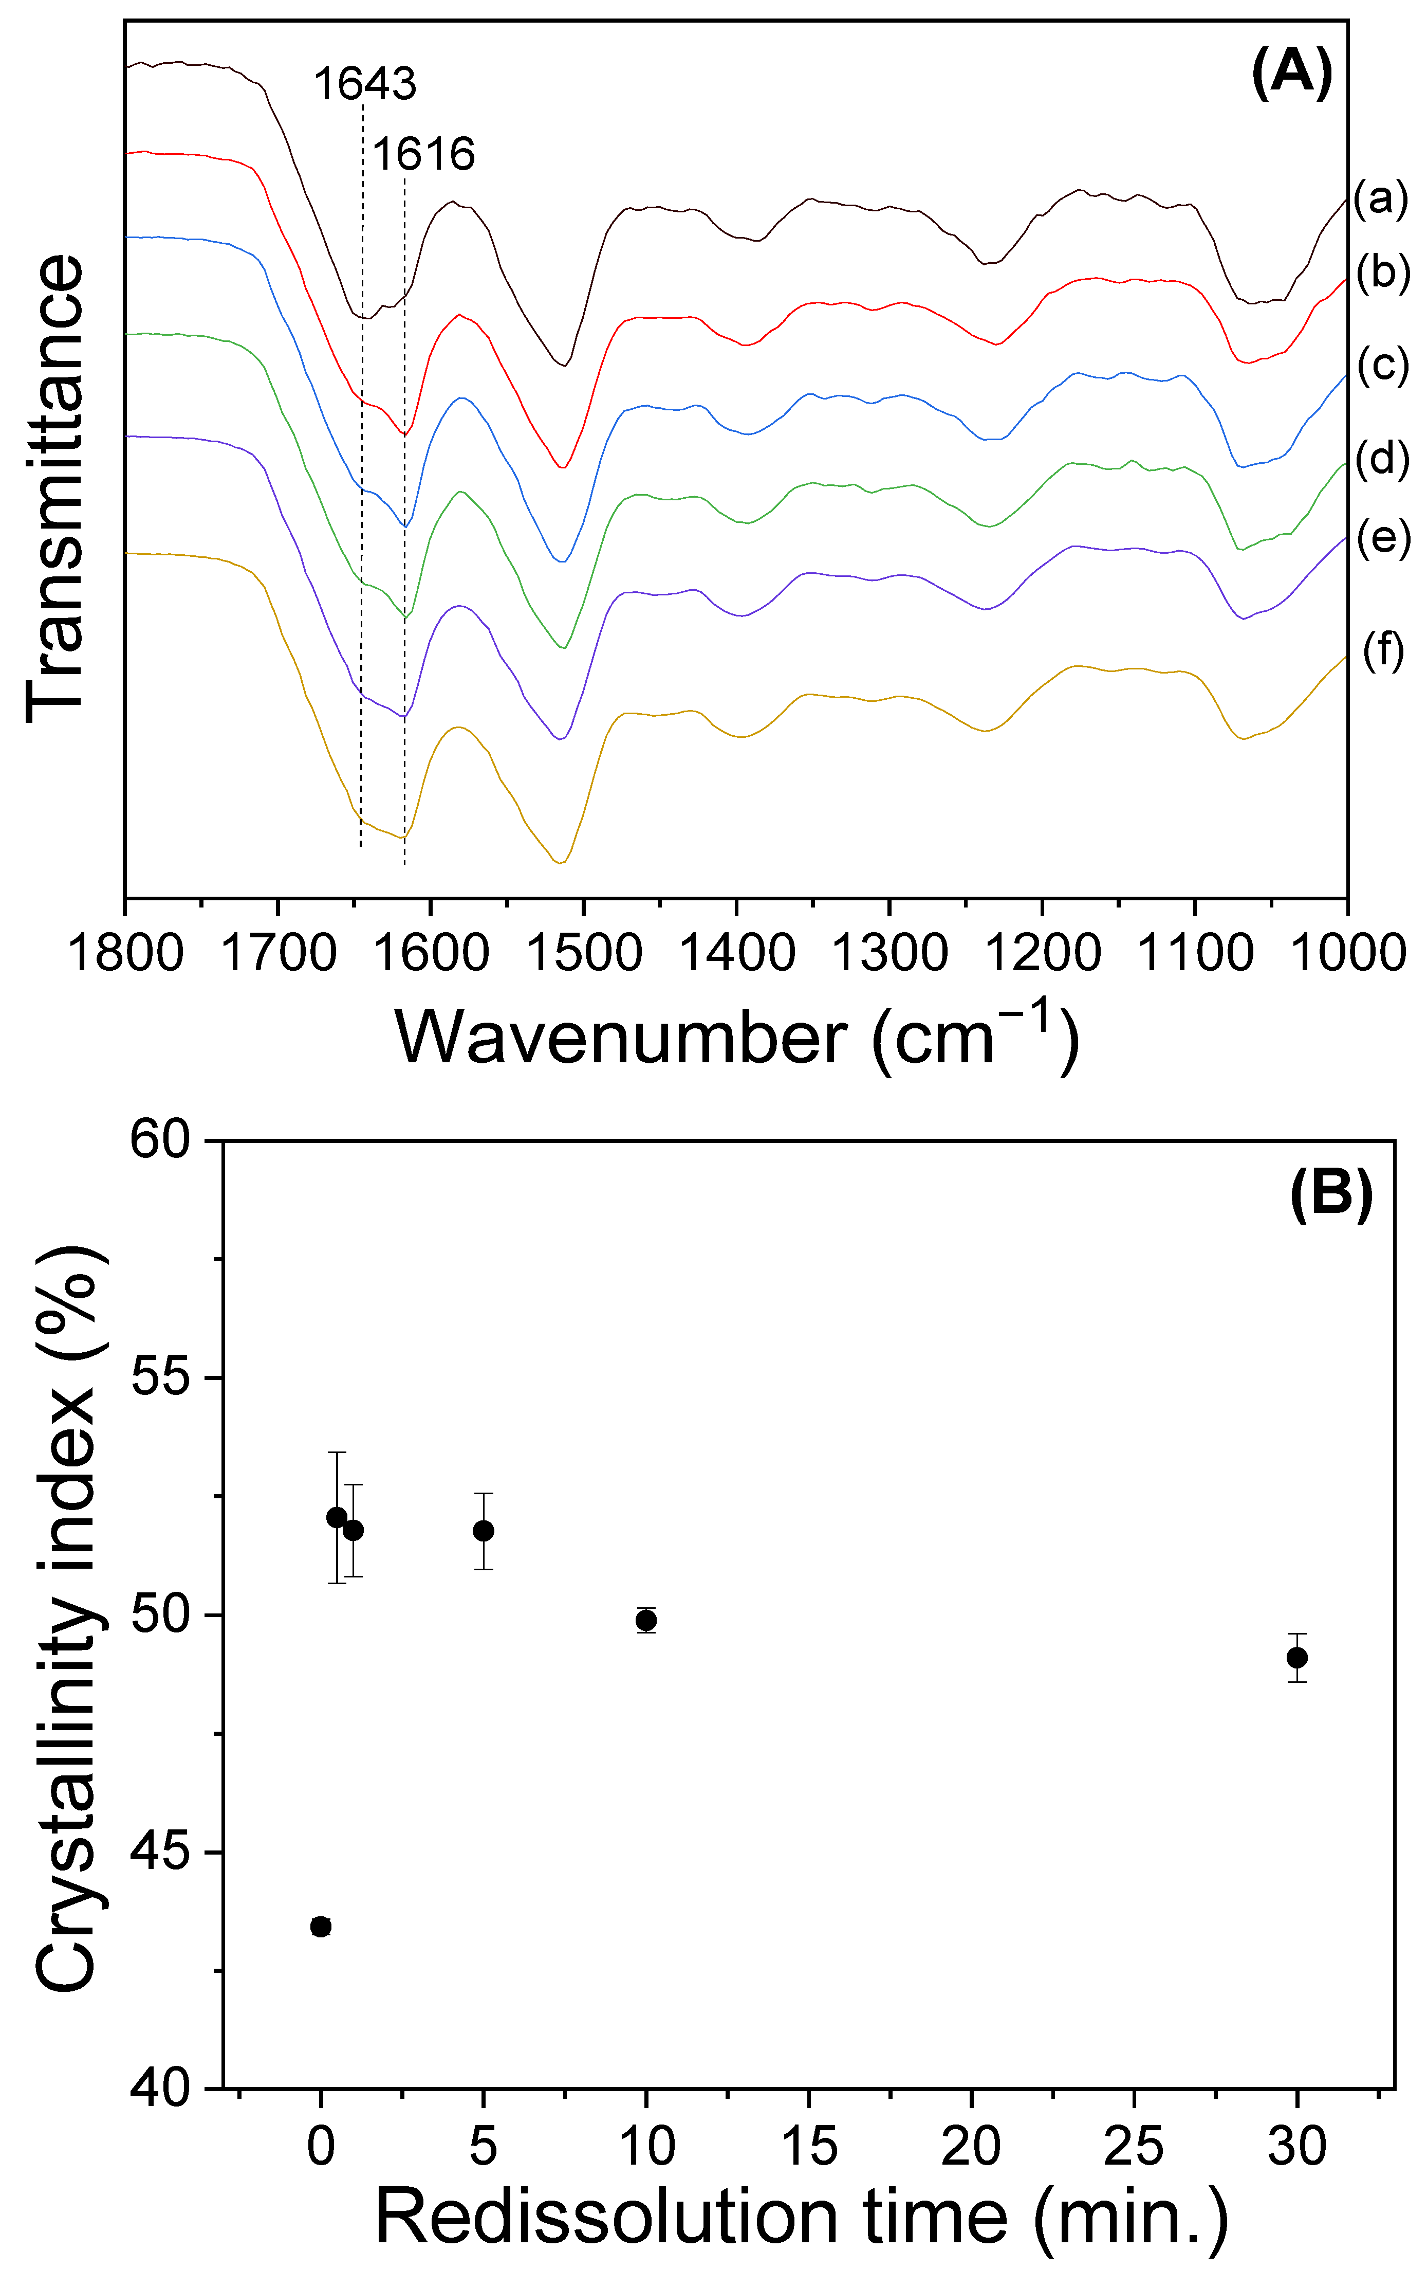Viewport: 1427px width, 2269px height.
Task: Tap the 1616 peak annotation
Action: (423, 154)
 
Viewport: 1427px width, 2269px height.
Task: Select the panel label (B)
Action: (1330, 1195)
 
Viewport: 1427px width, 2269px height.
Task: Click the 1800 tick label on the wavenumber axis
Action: (126, 954)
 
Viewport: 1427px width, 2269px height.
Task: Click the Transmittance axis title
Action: (57, 488)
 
